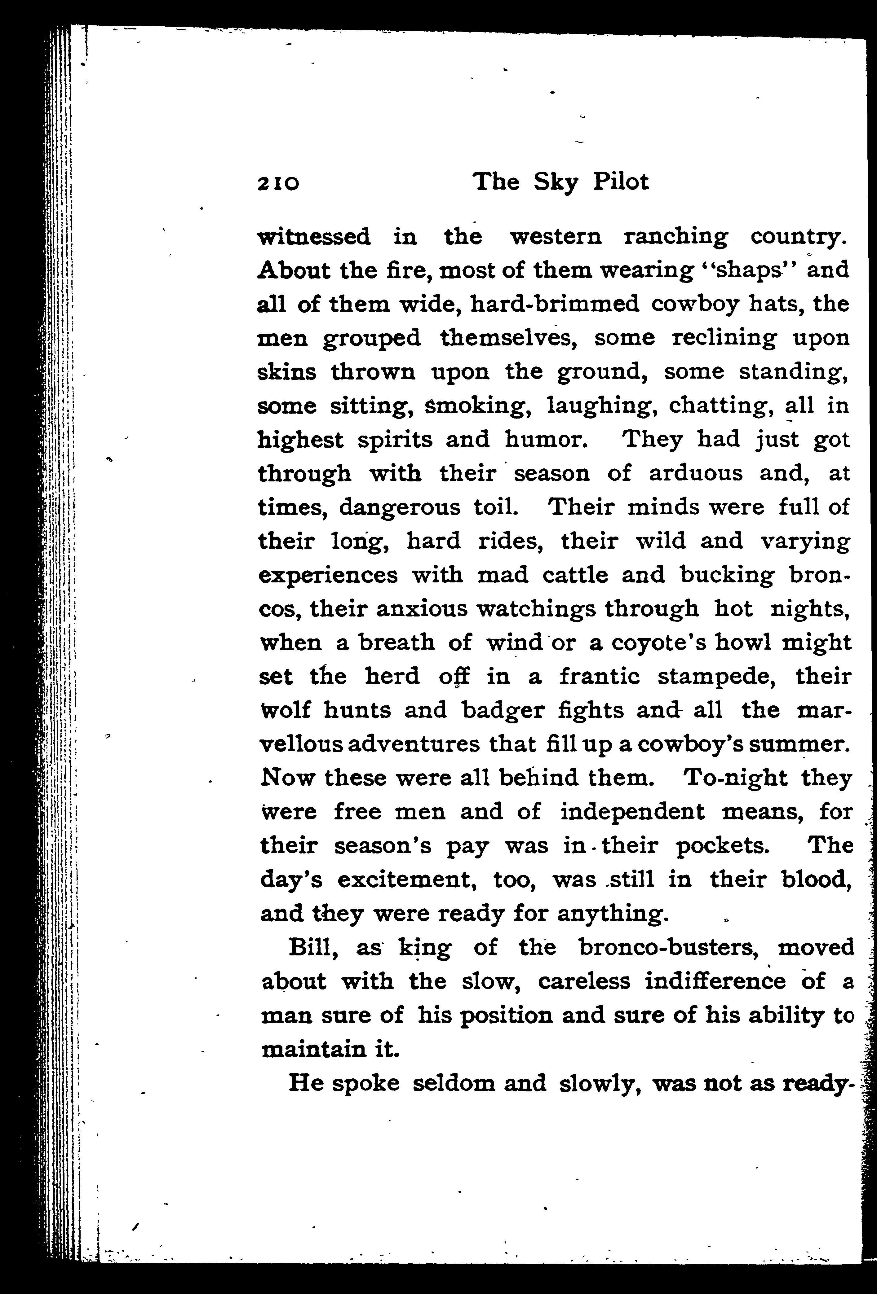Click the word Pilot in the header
(x=620, y=182)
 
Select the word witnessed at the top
(x=314, y=237)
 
